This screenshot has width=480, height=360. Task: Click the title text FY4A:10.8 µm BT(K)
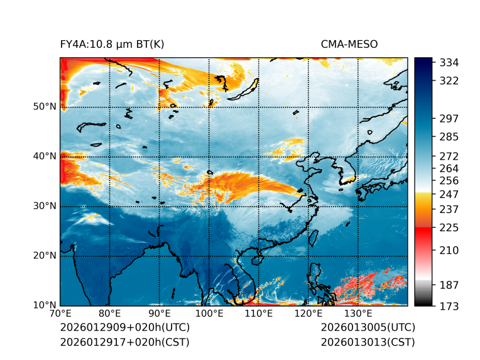[x=112, y=44]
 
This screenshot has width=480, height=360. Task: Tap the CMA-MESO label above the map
[x=349, y=44]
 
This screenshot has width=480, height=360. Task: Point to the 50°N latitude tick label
[x=45, y=107]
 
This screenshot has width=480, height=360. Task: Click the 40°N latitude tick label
[x=45, y=156]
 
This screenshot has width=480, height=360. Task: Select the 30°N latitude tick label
[x=45, y=206]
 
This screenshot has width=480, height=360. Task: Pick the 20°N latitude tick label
[x=45, y=256]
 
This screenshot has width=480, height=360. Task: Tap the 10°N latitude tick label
[x=45, y=305]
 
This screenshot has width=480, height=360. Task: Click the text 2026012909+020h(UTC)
[x=124, y=328]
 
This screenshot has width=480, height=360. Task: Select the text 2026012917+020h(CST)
[x=124, y=342]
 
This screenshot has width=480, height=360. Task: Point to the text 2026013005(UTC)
[x=368, y=328]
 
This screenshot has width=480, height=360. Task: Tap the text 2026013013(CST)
[x=368, y=342]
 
